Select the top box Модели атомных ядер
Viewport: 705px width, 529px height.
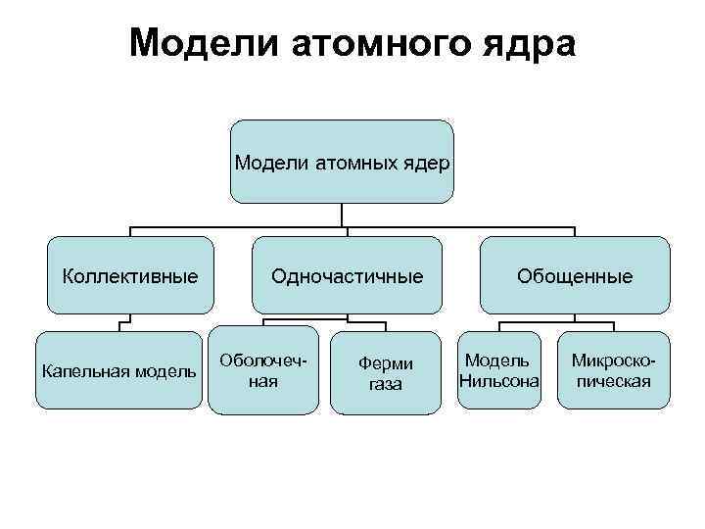[342, 162]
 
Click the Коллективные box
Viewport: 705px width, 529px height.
[130, 276]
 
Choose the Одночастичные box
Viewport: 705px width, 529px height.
[347, 276]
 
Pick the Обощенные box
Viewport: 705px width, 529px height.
[575, 276]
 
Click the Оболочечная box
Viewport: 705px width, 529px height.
[262, 370]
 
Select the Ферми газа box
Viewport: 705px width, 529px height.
[385, 372]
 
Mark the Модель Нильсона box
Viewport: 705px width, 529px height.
[500, 370]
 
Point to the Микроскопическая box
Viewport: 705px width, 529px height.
[613, 370]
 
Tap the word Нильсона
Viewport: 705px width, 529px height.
[500, 380]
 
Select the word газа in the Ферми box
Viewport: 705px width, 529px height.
[385, 384]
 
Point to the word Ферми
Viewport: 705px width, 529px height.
[386, 362]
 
